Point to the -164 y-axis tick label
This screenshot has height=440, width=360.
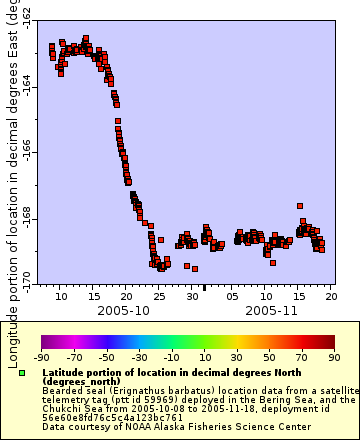coord(26,87)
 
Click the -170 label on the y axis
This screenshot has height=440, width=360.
coord(26,277)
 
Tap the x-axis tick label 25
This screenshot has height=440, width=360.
coord(160,296)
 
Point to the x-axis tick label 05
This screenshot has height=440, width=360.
coord(232,296)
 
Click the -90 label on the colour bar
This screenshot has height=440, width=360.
coord(41,357)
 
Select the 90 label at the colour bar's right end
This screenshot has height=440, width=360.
coord(334,357)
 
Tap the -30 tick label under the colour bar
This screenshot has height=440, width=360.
coord(139,357)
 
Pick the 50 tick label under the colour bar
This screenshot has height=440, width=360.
coord(269,357)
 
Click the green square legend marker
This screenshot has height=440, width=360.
coord(22,373)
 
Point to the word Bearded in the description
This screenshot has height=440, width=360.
coord(66,390)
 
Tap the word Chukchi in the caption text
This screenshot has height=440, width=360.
coord(64,408)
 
